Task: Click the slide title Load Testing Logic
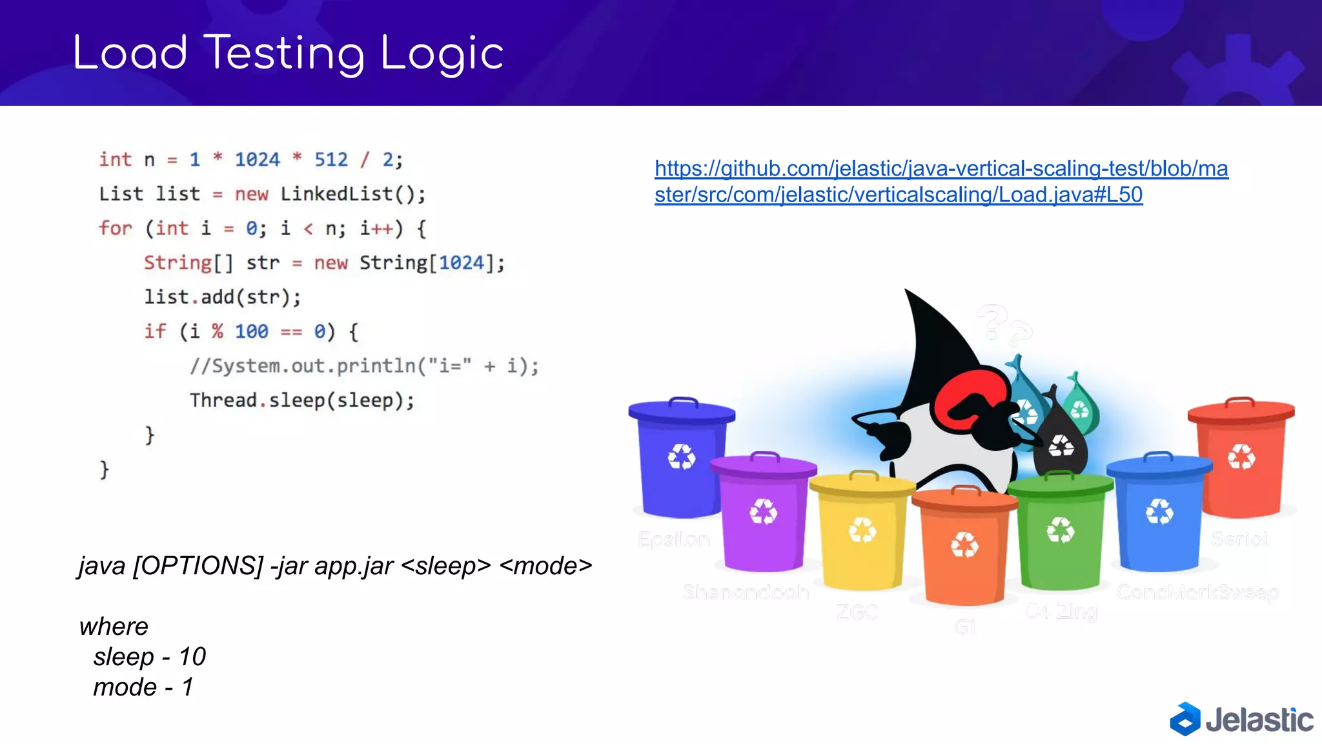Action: pos(288,54)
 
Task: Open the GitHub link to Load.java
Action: pos(941,181)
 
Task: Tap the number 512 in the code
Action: pos(330,160)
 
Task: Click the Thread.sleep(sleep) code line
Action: pos(301,400)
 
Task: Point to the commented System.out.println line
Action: pos(363,366)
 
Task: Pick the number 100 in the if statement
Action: pos(251,331)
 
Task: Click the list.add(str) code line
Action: pos(222,297)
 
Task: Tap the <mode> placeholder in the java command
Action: pos(545,566)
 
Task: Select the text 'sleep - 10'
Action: pos(149,657)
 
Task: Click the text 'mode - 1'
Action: pos(143,687)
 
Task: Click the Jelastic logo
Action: pos(1241,719)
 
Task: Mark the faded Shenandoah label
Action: pos(746,592)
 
